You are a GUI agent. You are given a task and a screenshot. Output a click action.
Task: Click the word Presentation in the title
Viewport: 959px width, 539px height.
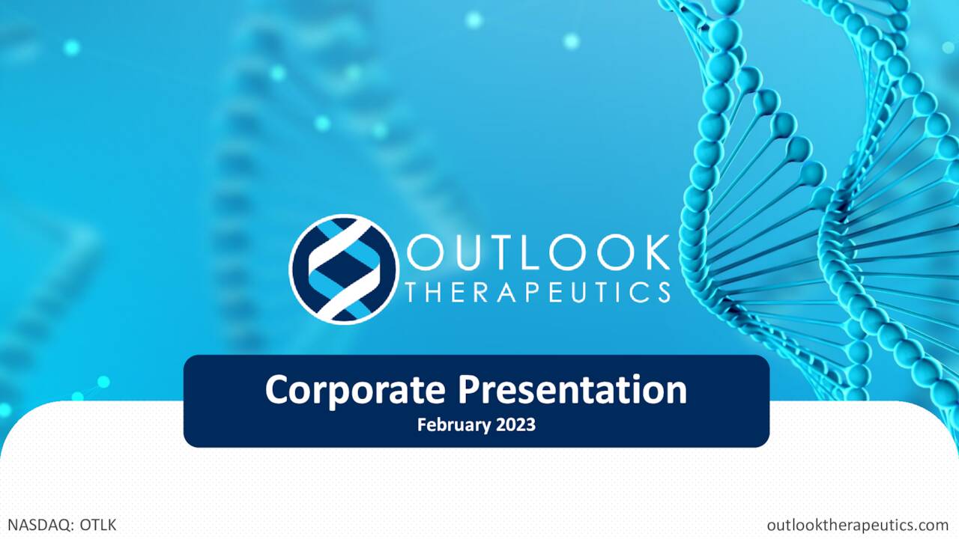pos(572,391)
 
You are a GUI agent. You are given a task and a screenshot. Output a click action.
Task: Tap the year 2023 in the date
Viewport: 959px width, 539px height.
pos(515,425)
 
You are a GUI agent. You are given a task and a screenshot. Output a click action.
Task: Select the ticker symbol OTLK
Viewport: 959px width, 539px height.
pos(98,525)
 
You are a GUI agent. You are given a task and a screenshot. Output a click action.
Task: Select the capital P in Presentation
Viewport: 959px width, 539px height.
pos(470,391)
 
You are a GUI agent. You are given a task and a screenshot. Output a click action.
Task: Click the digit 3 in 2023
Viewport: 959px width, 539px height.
pos(530,425)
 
